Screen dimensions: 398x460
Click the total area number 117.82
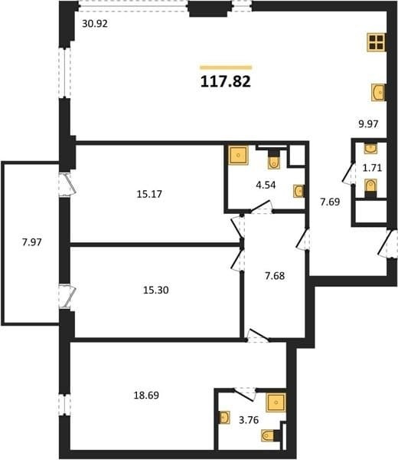point(226,81)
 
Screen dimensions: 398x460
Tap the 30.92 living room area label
point(95,24)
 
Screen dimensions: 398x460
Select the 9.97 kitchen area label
point(368,124)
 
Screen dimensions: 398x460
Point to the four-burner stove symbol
point(376,42)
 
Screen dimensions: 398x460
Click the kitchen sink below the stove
point(378,93)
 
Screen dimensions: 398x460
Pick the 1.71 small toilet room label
point(372,168)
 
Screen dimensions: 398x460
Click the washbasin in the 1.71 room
point(370,149)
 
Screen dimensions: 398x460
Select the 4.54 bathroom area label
point(266,185)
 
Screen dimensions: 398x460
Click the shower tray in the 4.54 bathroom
point(238,155)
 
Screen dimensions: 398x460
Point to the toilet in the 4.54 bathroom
point(274,159)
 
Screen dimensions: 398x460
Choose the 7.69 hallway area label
point(330,202)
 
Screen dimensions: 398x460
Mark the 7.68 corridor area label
point(275,276)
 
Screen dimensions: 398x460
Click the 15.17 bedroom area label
point(149,194)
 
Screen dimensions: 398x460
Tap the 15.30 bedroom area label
point(156,290)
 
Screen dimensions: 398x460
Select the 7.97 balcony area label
point(32,242)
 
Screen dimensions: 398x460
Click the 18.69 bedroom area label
point(146,396)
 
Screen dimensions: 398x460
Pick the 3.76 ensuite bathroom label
point(249,420)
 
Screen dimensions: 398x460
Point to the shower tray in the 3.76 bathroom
point(276,402)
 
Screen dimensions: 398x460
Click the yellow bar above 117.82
point(226,67)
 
